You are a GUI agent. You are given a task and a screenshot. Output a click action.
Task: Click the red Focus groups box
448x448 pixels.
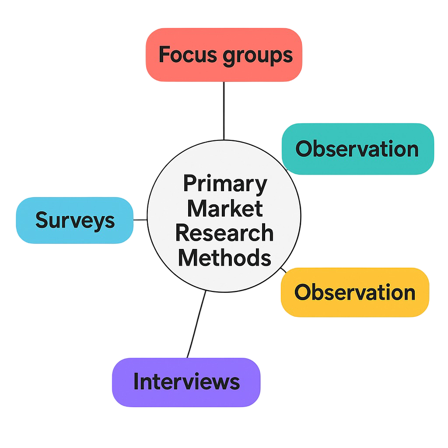tap(224, 55)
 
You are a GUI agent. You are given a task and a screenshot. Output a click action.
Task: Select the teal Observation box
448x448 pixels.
tap(357, 149)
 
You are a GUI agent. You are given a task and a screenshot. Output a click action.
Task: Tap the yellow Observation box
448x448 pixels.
tap(354, 292)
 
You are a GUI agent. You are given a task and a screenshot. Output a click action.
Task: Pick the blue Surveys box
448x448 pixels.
tap(75, 220)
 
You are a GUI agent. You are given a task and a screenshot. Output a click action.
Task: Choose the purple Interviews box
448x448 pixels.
tap(186, 382)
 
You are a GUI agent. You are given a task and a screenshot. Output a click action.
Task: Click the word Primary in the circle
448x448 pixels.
tap(224, 184)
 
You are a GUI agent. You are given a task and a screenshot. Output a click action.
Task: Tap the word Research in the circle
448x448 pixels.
tap(224, 233)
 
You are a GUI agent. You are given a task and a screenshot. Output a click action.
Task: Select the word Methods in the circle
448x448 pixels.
tap(224, 257)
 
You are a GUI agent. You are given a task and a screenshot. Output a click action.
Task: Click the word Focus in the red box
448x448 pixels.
tap(187, 55)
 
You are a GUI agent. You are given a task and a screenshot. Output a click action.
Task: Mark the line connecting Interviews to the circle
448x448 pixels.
tap(196, 324)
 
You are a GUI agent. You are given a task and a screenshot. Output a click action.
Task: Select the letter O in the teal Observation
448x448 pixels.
tap(303, 149)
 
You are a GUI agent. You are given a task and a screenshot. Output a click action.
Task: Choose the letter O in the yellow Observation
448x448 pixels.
tap(302, 292)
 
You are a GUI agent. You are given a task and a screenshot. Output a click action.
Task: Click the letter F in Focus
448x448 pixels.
tap(164, 55)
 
